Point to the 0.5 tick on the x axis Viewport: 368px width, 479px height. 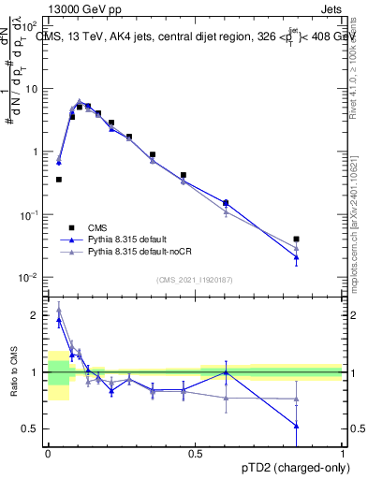click(196, 452)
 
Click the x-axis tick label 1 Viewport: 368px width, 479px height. click(344, 452)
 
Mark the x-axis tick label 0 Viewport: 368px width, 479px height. click(48, 452)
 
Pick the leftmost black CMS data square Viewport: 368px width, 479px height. click(59, 179)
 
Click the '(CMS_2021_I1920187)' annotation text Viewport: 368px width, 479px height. click(195, 280)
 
